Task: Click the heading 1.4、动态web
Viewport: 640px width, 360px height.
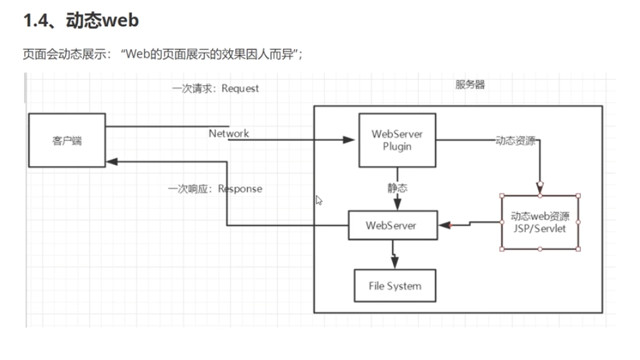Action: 81,21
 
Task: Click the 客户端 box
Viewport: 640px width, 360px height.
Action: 66,140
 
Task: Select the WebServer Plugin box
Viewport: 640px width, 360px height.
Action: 397,140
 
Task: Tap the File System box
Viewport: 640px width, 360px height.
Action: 395,286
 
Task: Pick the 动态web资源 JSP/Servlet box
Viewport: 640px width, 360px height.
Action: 539,222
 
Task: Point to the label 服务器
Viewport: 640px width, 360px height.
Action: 470,85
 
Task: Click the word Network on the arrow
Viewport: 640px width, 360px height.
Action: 228,134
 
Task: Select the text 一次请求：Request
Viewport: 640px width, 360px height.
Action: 215,89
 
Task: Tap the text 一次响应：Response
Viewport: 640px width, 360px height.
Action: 215,189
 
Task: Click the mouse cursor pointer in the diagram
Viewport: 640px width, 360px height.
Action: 319,200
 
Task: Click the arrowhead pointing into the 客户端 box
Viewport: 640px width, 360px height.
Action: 112,161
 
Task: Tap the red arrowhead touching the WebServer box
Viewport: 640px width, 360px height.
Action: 444,225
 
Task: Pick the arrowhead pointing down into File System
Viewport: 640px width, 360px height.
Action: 394,264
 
